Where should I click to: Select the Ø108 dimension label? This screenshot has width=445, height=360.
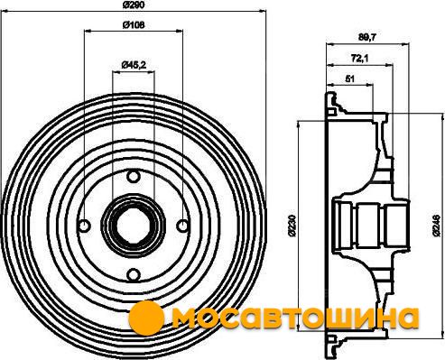point(134,25)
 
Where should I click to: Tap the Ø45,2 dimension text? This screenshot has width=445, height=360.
point(134,65)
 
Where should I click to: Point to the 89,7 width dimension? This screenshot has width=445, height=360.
point(367,37)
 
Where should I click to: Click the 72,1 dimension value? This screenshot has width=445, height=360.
point(360,58)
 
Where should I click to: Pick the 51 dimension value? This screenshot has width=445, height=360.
point(349,79)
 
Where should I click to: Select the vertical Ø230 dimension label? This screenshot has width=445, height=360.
point(291,225)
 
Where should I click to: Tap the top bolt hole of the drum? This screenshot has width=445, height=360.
point(133,176)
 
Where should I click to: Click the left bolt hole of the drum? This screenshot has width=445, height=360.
point(84,226)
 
